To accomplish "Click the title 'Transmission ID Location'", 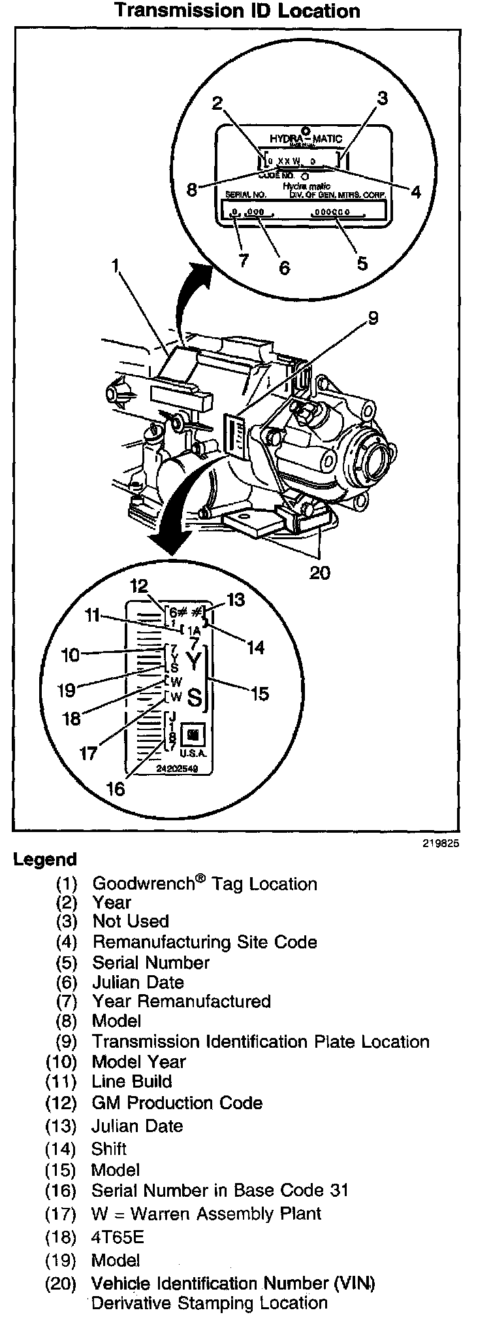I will tap(237, 11).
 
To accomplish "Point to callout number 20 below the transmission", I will tap(319, 573).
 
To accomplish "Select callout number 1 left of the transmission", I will tap(116, 265).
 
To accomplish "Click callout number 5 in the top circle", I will tap(362, 263).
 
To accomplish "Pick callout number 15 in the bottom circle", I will tap(259, 693).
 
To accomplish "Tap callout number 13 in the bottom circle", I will tap(235, 599).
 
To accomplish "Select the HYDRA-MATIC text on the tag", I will tap(306, 139).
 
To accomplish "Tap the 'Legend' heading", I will tap(45, 860).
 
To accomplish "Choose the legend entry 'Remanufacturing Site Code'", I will tap(204, 942).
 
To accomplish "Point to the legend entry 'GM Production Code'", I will tap(177, 1103).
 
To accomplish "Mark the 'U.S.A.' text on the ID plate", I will tap(193, 753).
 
